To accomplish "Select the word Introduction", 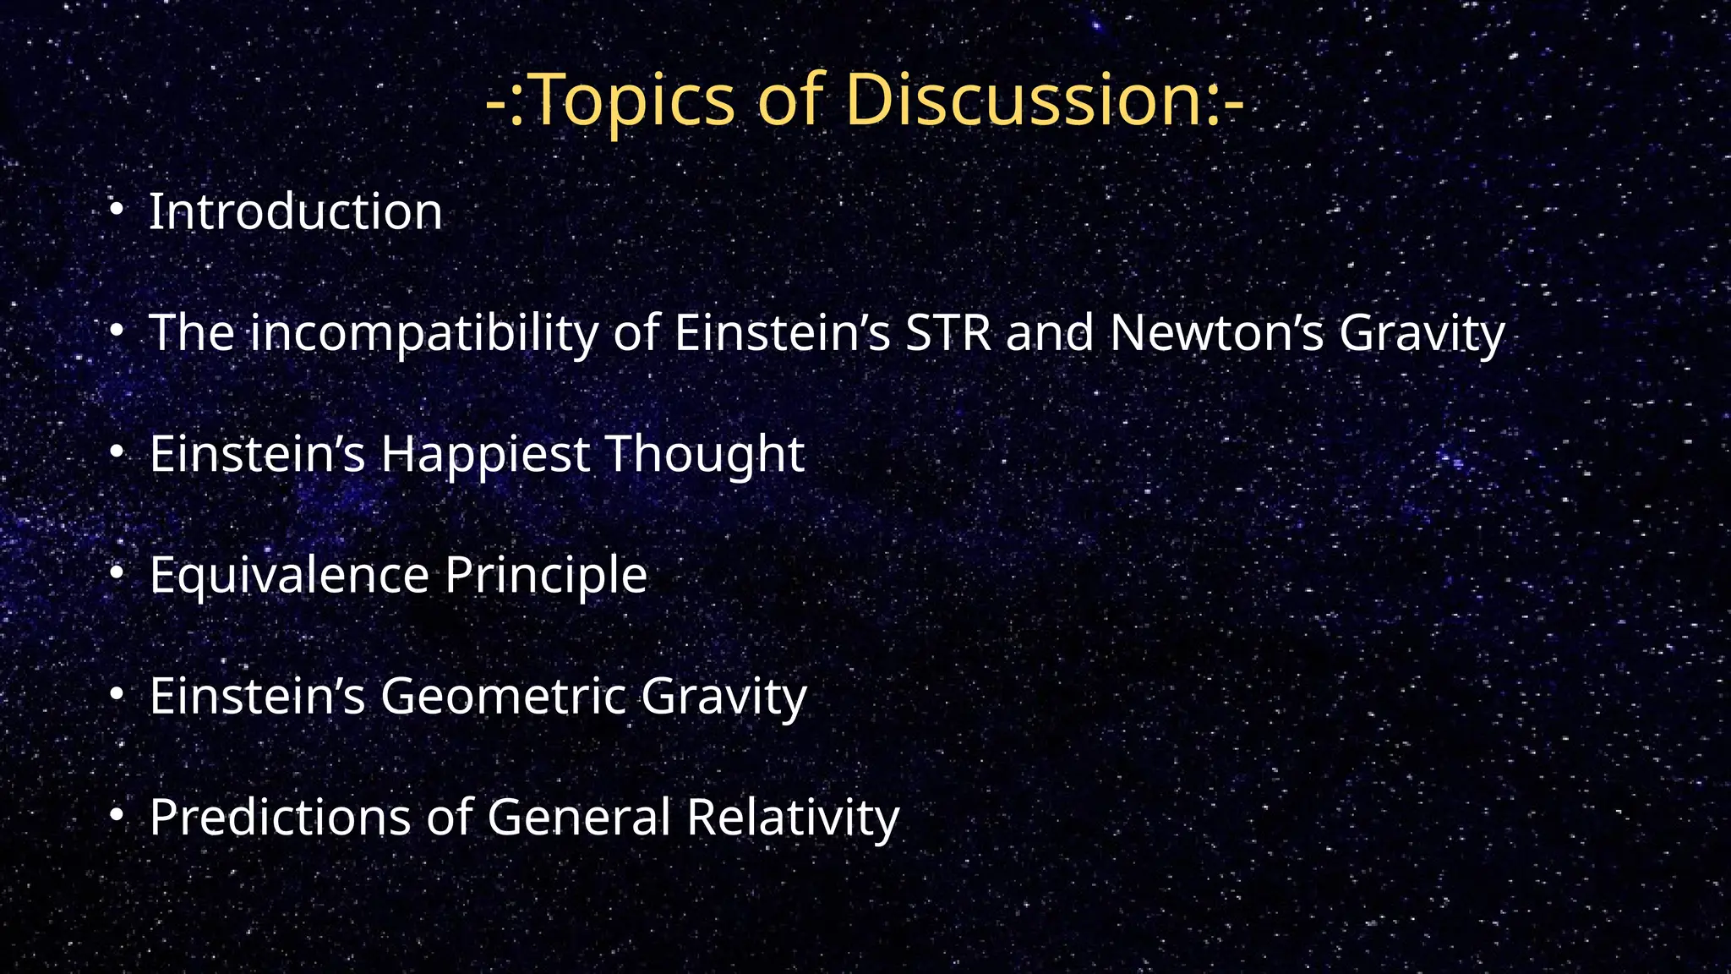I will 295,211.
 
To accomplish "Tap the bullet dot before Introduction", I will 117,208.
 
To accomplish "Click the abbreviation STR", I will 947,332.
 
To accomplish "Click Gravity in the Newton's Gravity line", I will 1422,333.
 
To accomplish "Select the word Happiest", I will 485,455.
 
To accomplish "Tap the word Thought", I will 705,454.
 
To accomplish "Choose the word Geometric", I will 502,697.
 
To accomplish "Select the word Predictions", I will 280,818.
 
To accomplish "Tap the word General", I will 578,818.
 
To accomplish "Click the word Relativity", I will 793,818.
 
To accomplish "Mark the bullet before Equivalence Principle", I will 117,573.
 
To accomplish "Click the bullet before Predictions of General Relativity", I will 117,815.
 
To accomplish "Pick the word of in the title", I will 789,100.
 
